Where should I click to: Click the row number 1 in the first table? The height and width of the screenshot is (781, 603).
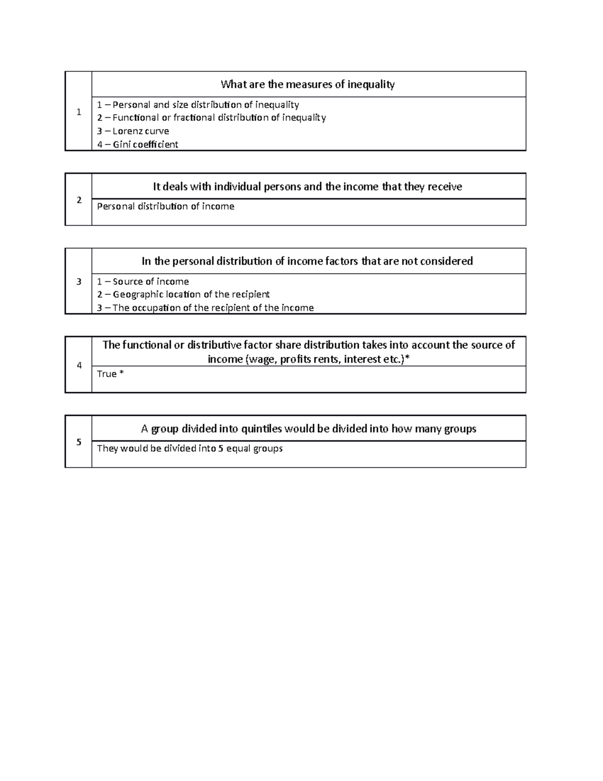(78, 112)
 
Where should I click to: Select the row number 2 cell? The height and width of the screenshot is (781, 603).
(78, 200)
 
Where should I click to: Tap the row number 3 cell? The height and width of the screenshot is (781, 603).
(78, 282)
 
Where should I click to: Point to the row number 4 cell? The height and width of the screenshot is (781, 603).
(78, 365)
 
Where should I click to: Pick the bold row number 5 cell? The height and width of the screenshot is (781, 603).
(78, 442)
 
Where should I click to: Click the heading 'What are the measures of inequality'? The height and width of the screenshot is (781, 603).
(308, 84)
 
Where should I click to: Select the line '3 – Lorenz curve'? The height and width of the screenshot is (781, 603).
(133, 131)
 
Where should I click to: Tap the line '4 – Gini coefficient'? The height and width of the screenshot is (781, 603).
(138, 145)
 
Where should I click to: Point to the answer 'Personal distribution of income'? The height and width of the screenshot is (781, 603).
(165, 206)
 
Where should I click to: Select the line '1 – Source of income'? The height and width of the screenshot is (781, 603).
(143, 282)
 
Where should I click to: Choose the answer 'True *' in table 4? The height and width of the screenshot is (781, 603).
(110, 374)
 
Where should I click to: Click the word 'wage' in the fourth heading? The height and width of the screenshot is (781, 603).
(260, 359)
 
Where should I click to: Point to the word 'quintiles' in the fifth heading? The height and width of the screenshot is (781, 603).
(261, 428)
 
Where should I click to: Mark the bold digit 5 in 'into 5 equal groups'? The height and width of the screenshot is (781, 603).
(221, 448)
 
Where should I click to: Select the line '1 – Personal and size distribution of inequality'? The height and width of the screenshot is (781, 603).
(198, 105)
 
